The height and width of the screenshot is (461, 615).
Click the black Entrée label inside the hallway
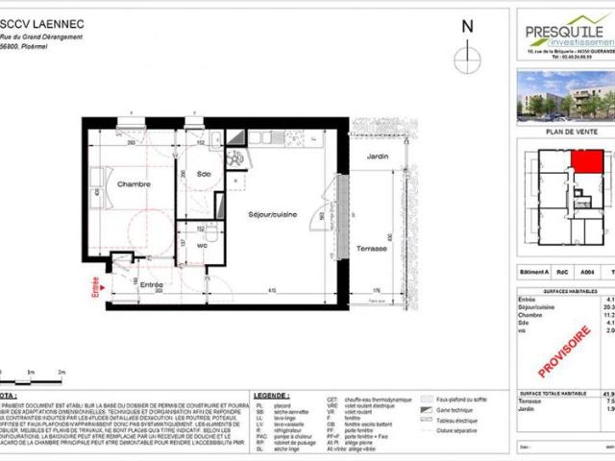[x=150, y=285]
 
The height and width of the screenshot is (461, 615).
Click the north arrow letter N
[x=467, y=27]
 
